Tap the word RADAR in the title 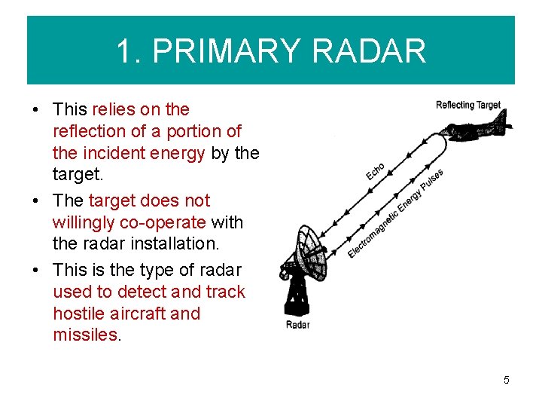click(368, 51)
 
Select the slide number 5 click(507, 380)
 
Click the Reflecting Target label click(467, 106)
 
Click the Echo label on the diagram click(376, 171)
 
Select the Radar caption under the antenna click(297, 325)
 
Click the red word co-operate click(166, 222)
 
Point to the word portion click(190, 131)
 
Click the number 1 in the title click(123, 51)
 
